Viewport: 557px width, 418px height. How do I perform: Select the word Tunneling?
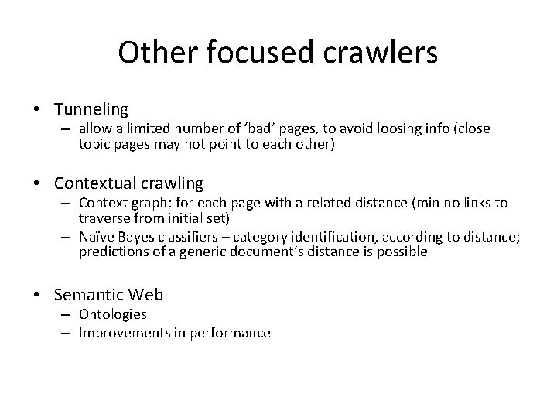click(x=91, y=110)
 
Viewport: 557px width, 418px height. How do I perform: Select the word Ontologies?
click(x=112, y=314)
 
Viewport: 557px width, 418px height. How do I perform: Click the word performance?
click(x=233, y=333)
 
